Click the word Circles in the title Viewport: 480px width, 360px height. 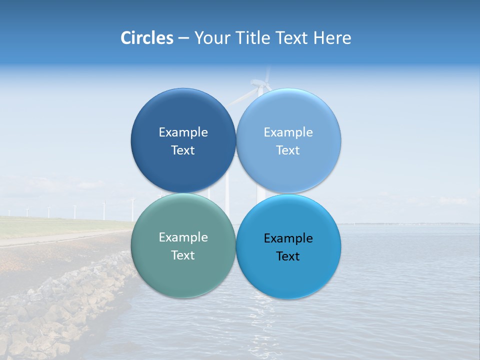pos(146,38)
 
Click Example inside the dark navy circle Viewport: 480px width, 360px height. pos(183,132)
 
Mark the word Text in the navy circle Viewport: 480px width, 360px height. pos(183,150)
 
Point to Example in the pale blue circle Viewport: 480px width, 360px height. pos(288,132)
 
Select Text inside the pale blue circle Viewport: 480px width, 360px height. pos(288,150)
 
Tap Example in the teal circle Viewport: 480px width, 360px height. pos(183,237)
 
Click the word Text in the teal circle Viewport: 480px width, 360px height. pos(183,255)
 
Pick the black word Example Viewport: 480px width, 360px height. pos(288,238)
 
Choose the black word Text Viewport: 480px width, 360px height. pos(288,256)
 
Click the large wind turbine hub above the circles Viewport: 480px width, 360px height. pos(260,86)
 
